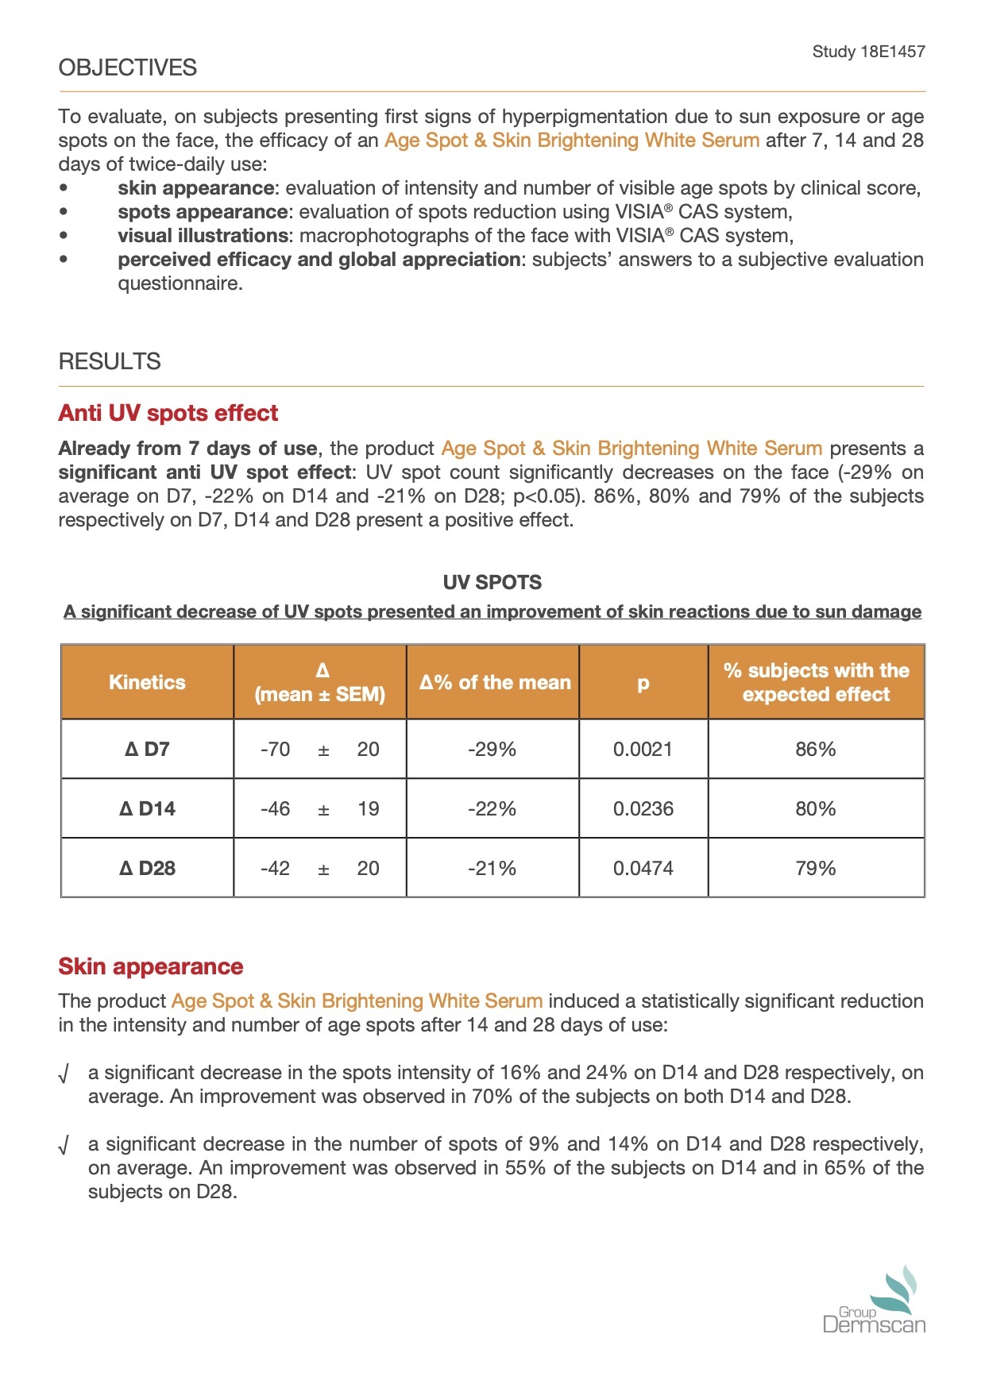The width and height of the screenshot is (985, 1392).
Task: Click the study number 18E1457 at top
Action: pos(868,52)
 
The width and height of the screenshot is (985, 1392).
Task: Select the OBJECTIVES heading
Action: pos(128,67)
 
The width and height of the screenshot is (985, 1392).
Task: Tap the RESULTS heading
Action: pos(110,361)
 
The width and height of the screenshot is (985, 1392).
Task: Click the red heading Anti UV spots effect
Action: pos(168,413)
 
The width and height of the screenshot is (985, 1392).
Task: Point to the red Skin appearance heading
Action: pos(151,966)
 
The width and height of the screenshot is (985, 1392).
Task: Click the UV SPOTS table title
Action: pos(492,582)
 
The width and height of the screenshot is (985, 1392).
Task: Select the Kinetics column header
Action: pos(147,682)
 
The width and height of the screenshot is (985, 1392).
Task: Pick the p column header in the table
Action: pos(643,682)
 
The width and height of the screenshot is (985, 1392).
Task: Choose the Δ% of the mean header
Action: pos(495,682)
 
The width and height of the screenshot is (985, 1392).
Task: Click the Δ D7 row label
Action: pos(147,749)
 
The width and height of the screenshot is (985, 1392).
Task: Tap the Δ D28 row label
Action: pos(147,868)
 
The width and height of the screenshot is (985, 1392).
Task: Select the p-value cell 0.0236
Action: pos(643,808)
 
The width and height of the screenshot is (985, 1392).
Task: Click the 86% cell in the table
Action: pos(816,749)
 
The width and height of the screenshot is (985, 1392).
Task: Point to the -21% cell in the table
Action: pos(492,868)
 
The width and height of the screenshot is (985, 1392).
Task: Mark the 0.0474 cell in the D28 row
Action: pos(643,868)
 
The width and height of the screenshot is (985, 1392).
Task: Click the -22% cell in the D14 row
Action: pos(492,808)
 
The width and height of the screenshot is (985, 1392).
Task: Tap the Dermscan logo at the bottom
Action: pos(875,1302)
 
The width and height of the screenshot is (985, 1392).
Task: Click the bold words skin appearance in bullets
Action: pos(195,188)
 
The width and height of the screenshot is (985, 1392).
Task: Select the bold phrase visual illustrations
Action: pos(203,236)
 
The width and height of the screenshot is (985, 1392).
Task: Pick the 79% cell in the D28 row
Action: pos(816,868)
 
